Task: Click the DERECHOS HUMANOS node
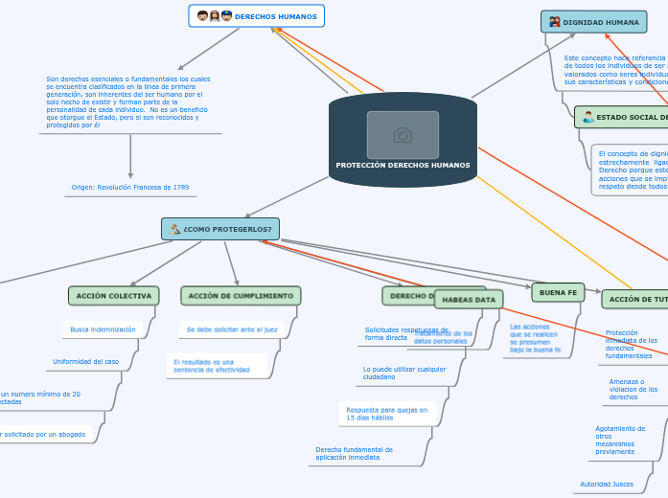pyautogui.click(x=257, y=16)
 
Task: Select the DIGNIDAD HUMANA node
pyautogui.click(x=593, y=22)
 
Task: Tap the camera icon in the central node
pyautogui.click(x=403, y=135)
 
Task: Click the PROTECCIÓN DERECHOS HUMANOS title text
pyautogui.click(x=403, y=165)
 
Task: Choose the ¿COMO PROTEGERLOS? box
pyautogui.click(x=220, y=229)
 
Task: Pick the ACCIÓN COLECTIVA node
pyautogui.click(x=114, y=296)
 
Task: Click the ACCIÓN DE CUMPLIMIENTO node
pyautogui.click(x=241, y=296)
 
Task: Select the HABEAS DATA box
pyautogui.click(x=469, y=300)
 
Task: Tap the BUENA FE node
pyautogui.click(x=558, y=292)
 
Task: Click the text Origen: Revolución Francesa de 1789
pyautogui.click(x=130, y=188)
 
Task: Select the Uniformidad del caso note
pyautogui.click(x=85, y=362)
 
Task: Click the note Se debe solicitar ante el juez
pyautogui.click(x=231, y=329)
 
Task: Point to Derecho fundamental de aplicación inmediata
pyautogui.click(x=355, y=453)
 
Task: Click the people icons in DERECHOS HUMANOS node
pyautogui.click(x=215, y=16)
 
